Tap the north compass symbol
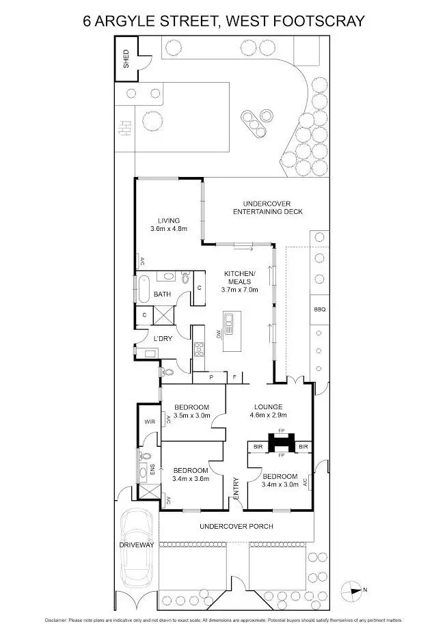coord(355,589)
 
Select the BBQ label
coord(319,309)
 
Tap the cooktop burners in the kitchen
coord(199,350)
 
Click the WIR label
coord(150,422)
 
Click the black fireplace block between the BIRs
coord(280,444)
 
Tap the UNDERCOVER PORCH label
coord(236,526)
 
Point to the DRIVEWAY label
coord(137,544)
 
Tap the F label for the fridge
coord(234,376)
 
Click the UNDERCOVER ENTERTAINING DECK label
coord(263,207)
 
